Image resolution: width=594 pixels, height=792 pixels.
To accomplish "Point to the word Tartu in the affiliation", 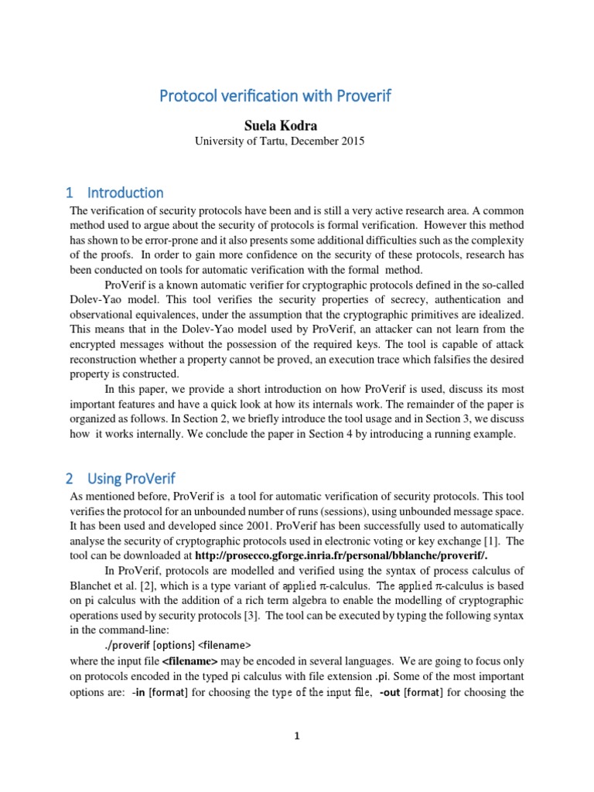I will click(x=268, y=141).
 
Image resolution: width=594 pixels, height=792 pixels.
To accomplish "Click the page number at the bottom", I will click(x=296, y=736).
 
